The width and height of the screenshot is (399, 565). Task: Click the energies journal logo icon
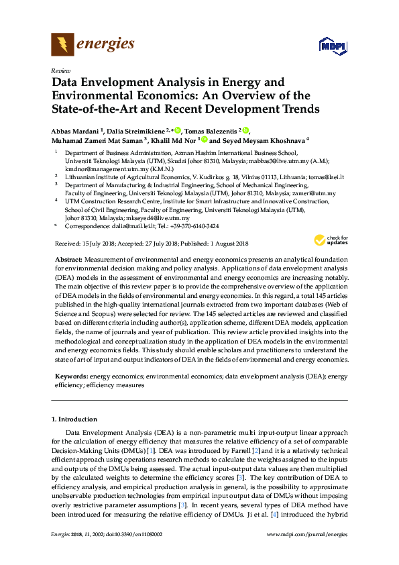pos(63,45)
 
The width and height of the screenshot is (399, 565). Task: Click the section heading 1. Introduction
pos(74,419)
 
